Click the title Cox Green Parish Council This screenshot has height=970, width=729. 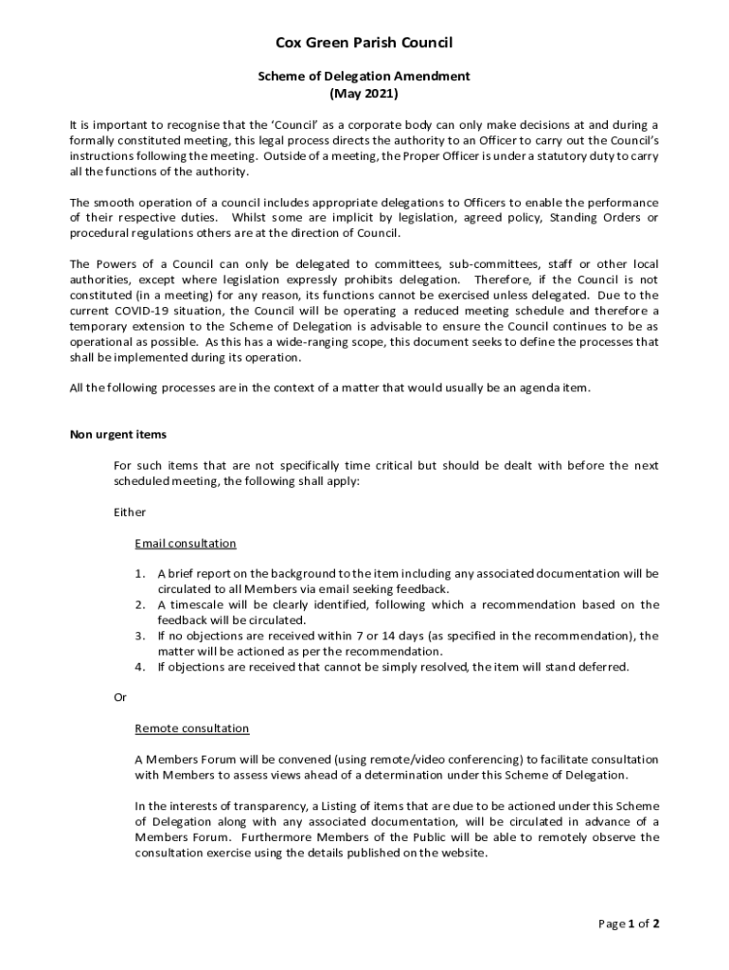coord(364,43)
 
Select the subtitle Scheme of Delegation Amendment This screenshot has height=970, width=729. coord(364,76)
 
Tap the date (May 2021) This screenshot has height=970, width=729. coord(364,94)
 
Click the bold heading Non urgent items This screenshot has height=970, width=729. coord(118,435)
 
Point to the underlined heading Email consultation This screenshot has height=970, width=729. coord(186,544)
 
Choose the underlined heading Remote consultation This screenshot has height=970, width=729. coord(192,728)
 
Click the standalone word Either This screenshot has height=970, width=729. coord(130,512)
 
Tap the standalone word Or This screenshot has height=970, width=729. coord(120,697)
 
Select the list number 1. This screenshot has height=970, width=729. coord(139,574)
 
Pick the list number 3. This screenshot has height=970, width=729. coord(139,636)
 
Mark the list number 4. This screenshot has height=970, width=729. coord(139,667)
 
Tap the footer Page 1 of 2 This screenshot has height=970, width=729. coord(629,924)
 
